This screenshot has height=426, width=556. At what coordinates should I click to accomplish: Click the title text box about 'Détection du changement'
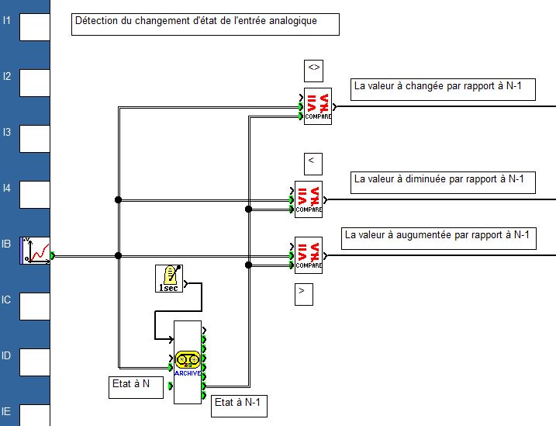(x=205, y=23)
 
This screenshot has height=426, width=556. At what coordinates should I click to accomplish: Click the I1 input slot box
(x=34, y=26)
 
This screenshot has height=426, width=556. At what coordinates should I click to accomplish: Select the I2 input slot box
(x=34, y=82)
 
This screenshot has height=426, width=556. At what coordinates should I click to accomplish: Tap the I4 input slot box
(x=34, y=194)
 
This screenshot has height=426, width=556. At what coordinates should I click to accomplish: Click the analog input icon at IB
(x=35, y=250)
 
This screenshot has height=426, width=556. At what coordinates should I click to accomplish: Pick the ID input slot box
(x=34, y=362)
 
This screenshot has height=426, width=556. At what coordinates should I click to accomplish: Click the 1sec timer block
(x=168, y=279)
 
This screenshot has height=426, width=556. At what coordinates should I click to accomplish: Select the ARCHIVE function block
(x=188, y=362)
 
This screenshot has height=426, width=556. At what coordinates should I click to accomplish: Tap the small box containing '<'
(x=313, y=163)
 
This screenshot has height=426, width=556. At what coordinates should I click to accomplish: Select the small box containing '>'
(x=304, y=293)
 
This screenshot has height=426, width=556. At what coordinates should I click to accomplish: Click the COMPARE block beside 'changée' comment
(x=317, y=106)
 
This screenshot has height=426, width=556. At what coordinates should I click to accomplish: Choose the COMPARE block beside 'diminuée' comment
(x=308, y=199)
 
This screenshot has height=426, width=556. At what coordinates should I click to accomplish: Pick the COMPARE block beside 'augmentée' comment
(x=308, y=255)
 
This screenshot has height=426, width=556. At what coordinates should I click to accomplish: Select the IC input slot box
(x=34, y=306)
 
